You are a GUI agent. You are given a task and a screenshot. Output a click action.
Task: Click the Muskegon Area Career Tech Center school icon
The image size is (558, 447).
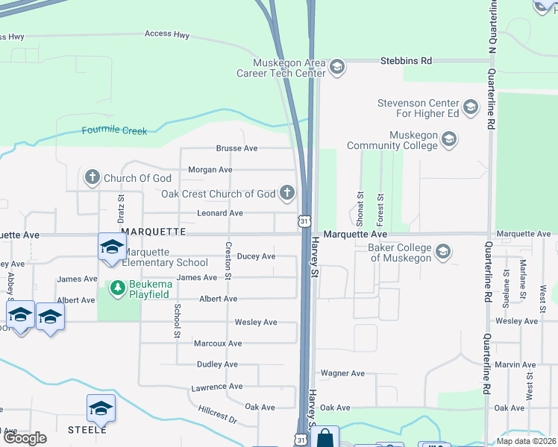click(336, 67)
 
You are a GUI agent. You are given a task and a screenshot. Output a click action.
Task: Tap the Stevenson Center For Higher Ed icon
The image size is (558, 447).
click(470, 108)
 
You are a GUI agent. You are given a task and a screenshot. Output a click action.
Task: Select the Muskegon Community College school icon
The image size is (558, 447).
click(448, 139)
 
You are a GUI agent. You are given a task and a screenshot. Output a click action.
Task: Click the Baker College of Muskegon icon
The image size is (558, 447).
click(443, 252)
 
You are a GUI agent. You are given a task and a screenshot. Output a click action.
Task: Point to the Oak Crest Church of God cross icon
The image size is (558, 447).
click(286, 194)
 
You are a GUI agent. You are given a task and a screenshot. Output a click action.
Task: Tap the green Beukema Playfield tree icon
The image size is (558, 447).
click(117, 286)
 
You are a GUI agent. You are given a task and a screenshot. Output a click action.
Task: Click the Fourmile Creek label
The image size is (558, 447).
click(114, 131)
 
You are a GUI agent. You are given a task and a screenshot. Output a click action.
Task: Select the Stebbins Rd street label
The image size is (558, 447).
click(406, 60)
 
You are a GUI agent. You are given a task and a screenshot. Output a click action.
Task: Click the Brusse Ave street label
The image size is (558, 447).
click(236, 148)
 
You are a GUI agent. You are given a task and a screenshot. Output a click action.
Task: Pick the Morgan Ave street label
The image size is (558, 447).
click(210, 170)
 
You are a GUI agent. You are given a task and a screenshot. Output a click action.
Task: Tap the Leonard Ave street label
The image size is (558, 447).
click(220, 213)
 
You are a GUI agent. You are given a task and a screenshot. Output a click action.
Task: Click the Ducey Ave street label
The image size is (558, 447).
click(256, 256)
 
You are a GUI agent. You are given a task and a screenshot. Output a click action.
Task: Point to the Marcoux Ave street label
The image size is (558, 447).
click(218, 343)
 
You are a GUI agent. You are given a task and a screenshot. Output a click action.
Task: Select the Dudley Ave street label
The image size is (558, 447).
click(217, 364)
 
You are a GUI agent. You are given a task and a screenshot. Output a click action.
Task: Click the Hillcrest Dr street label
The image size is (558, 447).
click(218, 415)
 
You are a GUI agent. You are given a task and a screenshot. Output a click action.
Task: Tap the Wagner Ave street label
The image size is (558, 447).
click(342, 372)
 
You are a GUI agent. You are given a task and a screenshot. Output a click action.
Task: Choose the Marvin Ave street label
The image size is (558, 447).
click(515, 364)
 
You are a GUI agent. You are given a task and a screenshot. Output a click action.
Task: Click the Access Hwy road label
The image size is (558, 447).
click(167, 34)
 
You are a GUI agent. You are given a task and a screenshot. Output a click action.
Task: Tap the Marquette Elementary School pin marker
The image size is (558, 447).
click(111, 247)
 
